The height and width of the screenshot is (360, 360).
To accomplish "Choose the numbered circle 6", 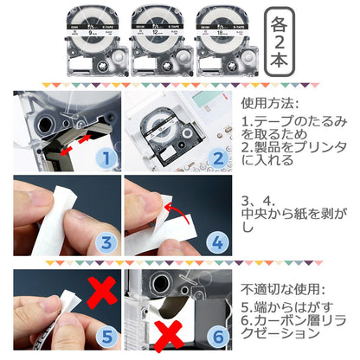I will coord(216,337).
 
